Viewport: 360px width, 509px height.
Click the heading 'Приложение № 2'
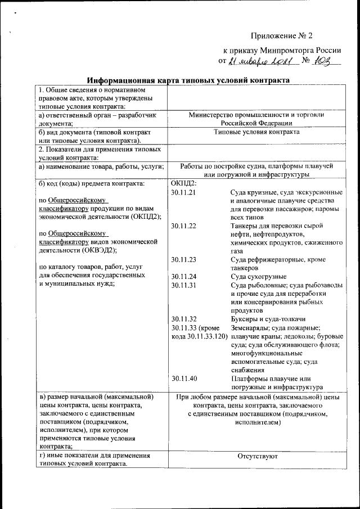[x=281, y=35]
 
